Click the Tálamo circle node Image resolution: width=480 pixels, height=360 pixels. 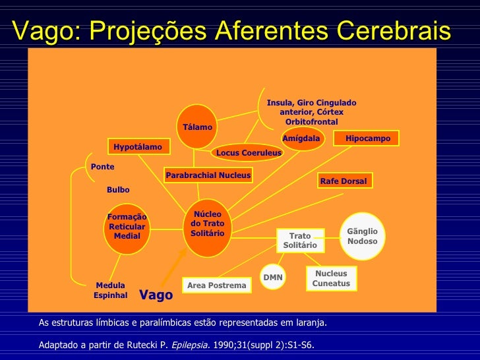[197, 127]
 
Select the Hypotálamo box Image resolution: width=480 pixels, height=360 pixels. [137, 146]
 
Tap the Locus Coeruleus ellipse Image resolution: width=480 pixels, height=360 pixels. [249, 152]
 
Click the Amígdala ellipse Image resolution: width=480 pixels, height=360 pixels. [301, 138]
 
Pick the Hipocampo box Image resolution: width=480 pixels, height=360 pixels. [367, 138]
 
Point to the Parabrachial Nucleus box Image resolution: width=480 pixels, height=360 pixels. [208, 175]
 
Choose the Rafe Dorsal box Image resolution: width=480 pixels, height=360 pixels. [343, 181]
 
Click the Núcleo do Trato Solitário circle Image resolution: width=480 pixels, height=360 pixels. [207, 224]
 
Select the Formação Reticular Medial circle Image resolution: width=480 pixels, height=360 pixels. [127, 227]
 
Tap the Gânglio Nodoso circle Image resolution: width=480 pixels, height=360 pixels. [362, 235]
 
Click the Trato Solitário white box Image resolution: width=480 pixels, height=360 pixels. [299, 241]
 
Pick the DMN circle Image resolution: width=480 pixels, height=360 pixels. [272, 278]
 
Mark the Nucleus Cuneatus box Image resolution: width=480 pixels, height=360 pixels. [331, 278]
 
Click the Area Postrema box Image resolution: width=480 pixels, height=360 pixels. [216, 285]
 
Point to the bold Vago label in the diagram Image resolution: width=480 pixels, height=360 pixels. [156, 295]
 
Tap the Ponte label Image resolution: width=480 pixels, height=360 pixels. [102, 167]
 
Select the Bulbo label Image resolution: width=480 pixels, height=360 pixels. [118, 190]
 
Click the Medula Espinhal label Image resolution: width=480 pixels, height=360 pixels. [110, 290]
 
